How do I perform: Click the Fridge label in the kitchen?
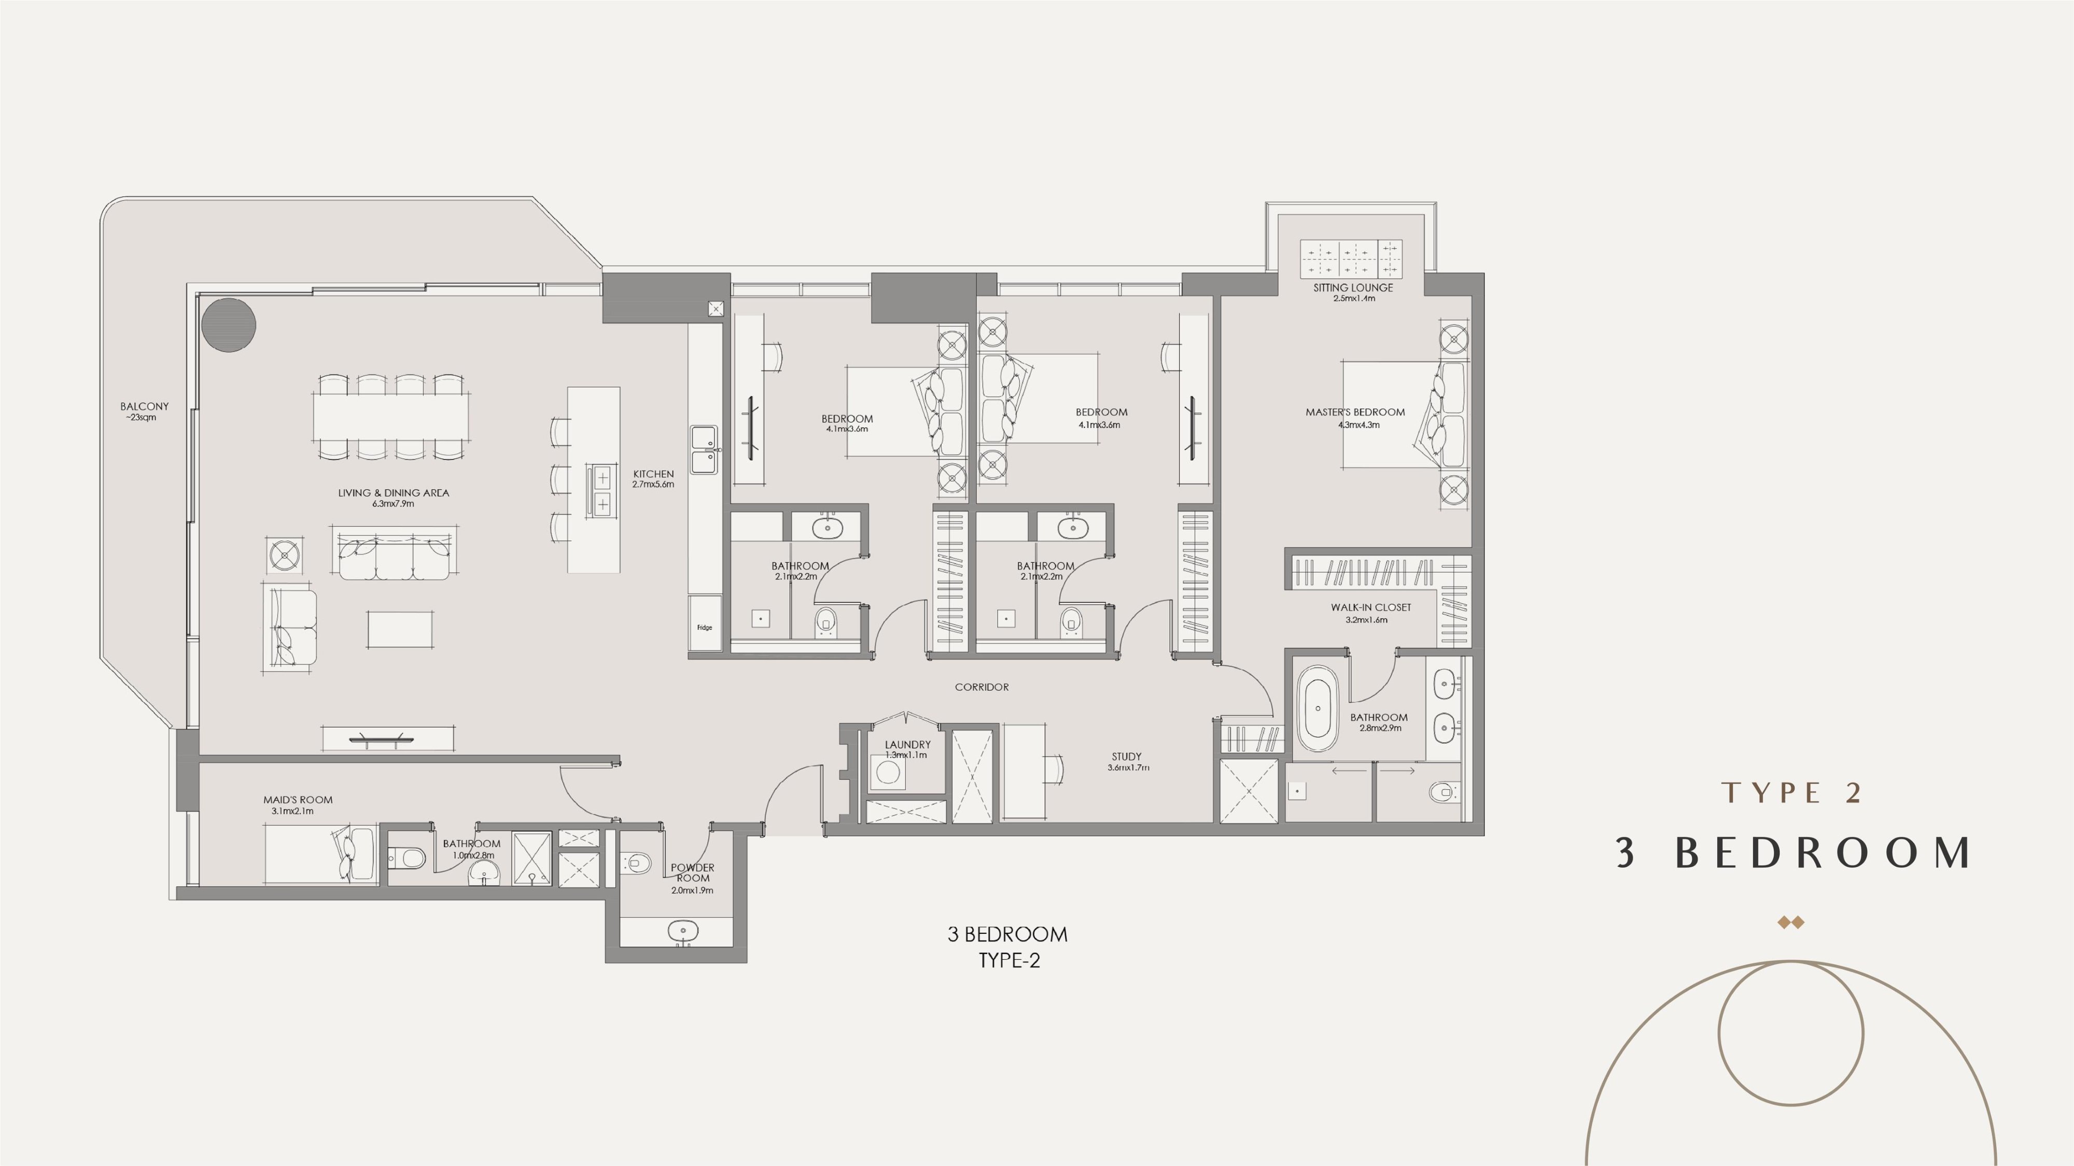(705, 628)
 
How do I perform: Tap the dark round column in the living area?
(229, 325)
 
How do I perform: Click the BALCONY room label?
(145, 406)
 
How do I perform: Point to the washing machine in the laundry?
(888, 773)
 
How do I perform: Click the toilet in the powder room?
(637, 863)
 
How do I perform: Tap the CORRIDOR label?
(982, 687)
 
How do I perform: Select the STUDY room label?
(1126, 757)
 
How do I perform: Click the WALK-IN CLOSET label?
(1370, 607)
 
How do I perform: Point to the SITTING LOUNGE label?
(1353, 287)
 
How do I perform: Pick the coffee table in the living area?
(400, 629)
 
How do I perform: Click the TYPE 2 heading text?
(1791, 793)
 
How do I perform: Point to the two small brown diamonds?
(1790, 922)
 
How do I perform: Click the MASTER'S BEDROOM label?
(1355, 412)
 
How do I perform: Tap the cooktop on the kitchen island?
(601, 490)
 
